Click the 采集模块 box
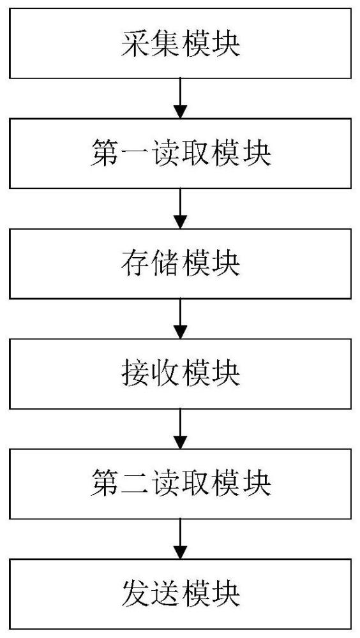pyautogui.click(x=181, y=43)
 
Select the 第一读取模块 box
pyautogui.click(x=181, y=153)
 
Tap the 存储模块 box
pyautogui.click(x=181, y=263)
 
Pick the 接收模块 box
pyautogui.click(x=181, y=373)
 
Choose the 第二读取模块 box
pyautogui.click(x=181, y=484)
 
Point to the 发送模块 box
pyautogui.click(x=181, y=594)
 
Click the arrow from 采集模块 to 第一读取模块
pyautogui.click(x=180, y=98)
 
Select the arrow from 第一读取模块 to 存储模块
pyautogui.click(x=180, y=209)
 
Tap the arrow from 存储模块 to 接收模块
pyautogui.click(x=180, y=318)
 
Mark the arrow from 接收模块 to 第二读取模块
pyautogui.click(x=180, y=429)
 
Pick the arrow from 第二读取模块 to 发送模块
pyautogui.click(x=180, y=538)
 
